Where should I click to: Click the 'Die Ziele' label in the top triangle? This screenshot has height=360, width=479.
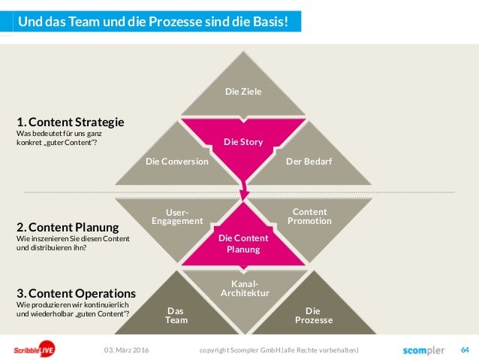[x=243, y=92]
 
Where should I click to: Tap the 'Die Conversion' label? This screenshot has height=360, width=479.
[x=177, y=161]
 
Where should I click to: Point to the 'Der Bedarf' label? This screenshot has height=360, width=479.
[x=309, y=161]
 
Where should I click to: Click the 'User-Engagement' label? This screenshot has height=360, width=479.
[x=177, y=216]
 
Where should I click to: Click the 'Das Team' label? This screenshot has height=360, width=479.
[x=176, y=315]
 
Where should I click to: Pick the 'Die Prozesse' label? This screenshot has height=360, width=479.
[x=313, y=315]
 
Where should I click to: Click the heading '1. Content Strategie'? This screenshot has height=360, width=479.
[x=71, y=122]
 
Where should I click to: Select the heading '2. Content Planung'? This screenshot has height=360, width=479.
[x=68, y=227]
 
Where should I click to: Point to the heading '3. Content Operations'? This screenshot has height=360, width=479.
[x=76, y=293]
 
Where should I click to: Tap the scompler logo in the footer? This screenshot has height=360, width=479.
[x=423, y=350]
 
